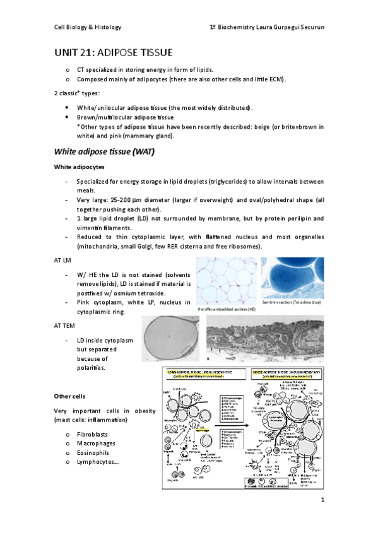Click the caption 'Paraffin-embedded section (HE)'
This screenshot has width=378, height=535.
click(x=225, y=310)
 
